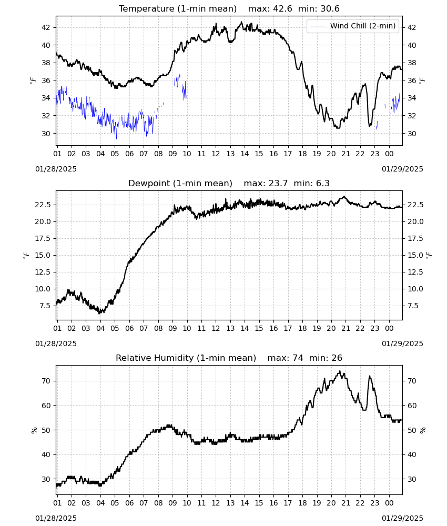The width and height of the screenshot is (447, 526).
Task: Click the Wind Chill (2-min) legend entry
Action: [353, 26]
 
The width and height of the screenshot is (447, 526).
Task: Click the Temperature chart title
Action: [178, 9]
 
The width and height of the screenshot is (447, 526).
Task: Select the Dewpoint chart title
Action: [180, 184]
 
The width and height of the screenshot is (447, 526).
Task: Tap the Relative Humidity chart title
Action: [186, 358]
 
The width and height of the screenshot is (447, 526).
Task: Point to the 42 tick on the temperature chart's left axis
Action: [46, 27]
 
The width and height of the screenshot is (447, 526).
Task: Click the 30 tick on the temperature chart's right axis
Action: [411, 134]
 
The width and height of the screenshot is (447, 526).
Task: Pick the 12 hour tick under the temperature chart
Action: [216, 154]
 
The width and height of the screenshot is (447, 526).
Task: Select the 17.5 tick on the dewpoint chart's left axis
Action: [43, 238]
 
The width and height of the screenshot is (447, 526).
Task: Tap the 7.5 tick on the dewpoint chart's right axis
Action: [413, 306]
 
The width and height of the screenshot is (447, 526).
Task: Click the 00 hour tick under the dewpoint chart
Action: [389, 328]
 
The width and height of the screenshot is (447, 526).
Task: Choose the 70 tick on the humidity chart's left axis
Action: [46, 381]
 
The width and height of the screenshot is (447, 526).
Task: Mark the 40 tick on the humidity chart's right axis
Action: [411, 454]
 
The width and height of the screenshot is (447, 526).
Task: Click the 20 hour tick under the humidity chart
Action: [331, 503]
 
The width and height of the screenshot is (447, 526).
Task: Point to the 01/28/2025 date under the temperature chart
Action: [56, 169]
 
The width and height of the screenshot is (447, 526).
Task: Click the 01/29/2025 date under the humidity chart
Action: [402, 518]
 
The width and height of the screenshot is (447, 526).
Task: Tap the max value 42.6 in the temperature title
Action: [283, 9]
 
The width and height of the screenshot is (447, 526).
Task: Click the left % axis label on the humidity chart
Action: [34, 430]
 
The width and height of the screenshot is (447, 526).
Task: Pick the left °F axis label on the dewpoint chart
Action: [26, 255]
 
